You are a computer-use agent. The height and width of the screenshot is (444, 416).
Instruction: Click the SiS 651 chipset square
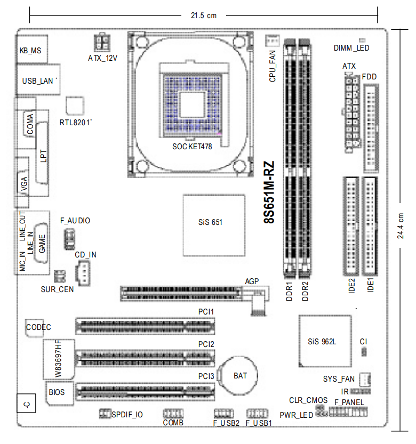(214, 225)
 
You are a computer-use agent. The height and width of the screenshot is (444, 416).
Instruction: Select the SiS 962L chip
(325, 341)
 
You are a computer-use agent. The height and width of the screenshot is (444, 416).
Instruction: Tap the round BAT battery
(239, 375)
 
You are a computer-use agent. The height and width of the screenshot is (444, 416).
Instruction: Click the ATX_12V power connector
(102, 43)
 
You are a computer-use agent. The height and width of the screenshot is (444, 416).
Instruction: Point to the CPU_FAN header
(273, 41)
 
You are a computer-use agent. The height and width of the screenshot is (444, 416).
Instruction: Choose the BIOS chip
(60, 393)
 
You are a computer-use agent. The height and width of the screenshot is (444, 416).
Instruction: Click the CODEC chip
(34, 328)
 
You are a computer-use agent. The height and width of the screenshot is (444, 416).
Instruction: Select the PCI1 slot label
(206, 312)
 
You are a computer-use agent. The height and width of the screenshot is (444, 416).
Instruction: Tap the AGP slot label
(252, 281)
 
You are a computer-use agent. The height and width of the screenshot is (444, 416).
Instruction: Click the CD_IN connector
(83, 273)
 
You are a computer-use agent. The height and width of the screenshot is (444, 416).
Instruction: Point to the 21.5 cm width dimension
(203, 15)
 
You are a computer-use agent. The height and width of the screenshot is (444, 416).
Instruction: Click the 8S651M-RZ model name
(269, 192)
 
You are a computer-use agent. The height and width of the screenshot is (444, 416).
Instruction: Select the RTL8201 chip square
(75, 106)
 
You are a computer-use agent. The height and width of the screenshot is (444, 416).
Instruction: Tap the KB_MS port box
(32, 49)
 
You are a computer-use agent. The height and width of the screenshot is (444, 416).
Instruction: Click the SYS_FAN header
(365, 380)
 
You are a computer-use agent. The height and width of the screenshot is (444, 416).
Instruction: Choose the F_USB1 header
(257, 414)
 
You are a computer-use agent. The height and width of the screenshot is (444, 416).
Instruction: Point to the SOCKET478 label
(192, 147)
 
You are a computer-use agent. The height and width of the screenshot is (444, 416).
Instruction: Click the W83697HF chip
(59, 359)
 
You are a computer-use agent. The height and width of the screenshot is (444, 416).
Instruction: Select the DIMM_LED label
(351, 48)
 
